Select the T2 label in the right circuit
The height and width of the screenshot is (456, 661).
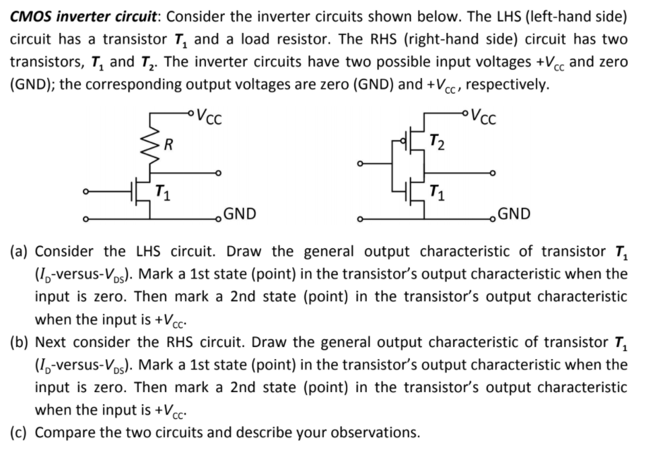437,142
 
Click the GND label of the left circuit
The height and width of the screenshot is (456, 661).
241,215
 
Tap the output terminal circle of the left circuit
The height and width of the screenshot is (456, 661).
217,174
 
